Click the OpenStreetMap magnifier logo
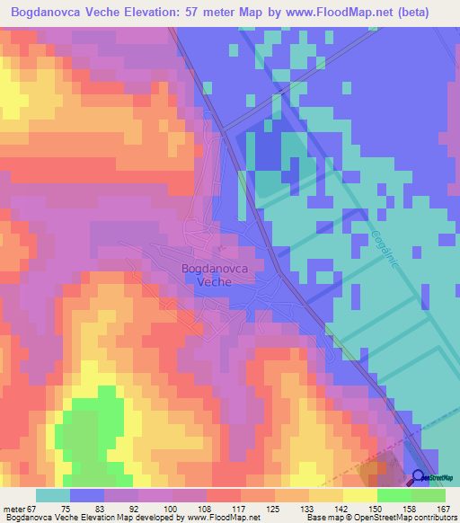pyautogui.click(x=419, y=477)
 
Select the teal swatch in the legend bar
pyautogui.click(x=53, y=495)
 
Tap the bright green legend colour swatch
pyautogui.click(x=394, y=495)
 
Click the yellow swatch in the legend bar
pyautogui.click(x=359, y=495)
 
